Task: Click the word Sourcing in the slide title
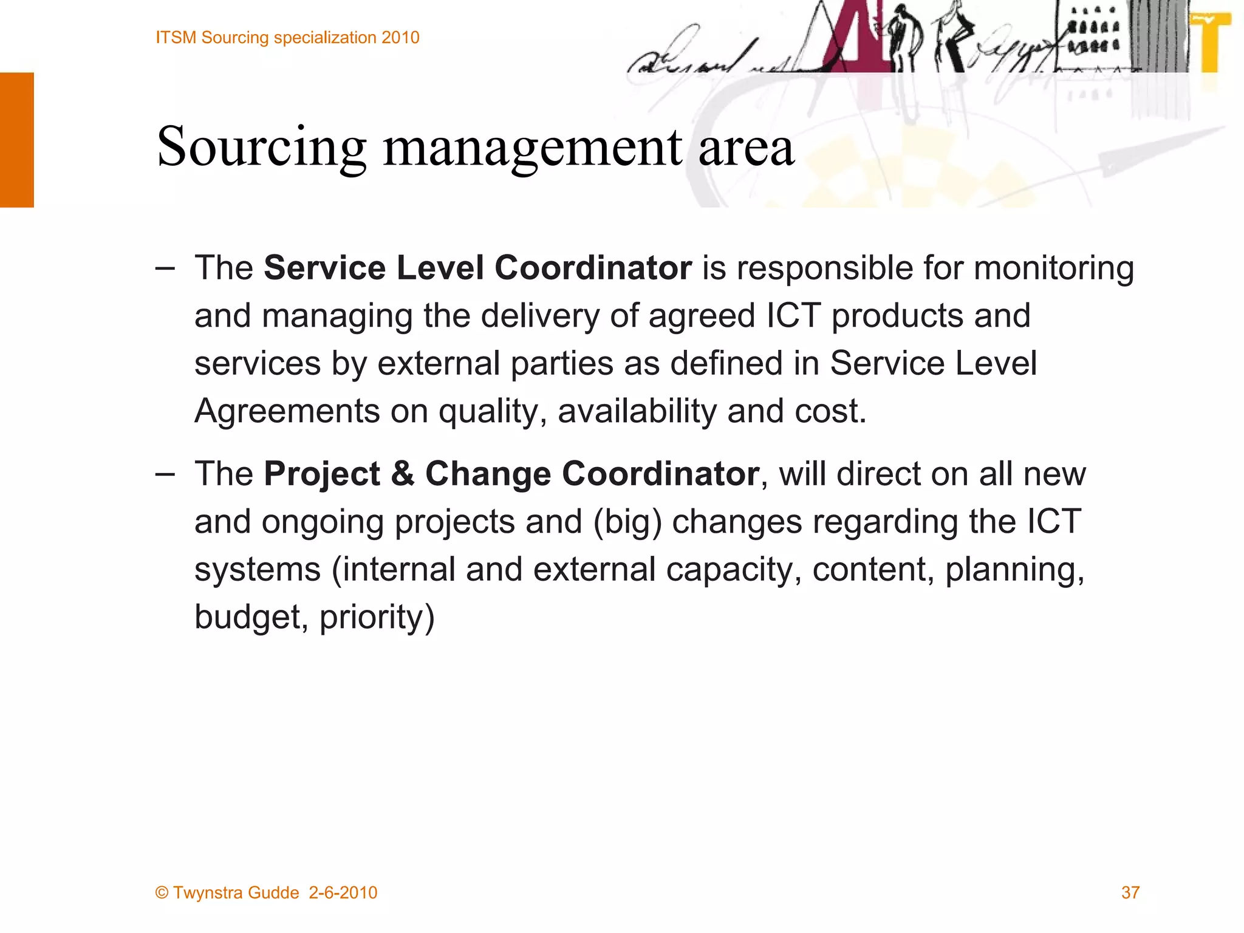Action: [261, 147]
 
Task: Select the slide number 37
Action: [1130, 892]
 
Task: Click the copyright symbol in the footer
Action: [162, 892]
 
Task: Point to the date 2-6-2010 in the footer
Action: [343, 892]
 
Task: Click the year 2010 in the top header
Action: [400, 38]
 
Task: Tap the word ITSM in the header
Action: [176, 38]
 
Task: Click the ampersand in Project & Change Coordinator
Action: [403, 474]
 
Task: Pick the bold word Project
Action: [322, 474]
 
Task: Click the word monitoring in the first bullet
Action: [1054, 268]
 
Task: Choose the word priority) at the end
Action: [377, 617]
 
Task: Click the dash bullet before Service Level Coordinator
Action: [165, 268]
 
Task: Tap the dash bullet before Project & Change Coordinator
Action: [165, 474]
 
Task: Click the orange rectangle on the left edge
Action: [17, 140]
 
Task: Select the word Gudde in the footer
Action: [273, 892]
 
